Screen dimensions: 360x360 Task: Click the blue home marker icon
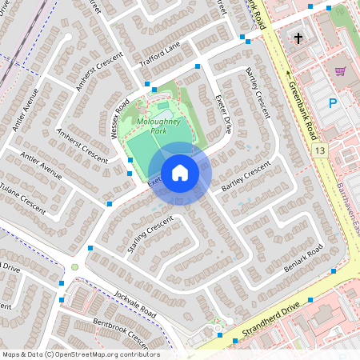(180, 173)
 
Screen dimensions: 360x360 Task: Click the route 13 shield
(321, 150)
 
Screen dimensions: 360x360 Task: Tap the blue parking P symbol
(333, 102)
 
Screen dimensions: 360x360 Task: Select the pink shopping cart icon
(340, 70)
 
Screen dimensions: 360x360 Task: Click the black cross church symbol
(298, 38)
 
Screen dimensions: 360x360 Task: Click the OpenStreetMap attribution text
(81, 354)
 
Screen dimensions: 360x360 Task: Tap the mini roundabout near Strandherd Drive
(218, 328)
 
